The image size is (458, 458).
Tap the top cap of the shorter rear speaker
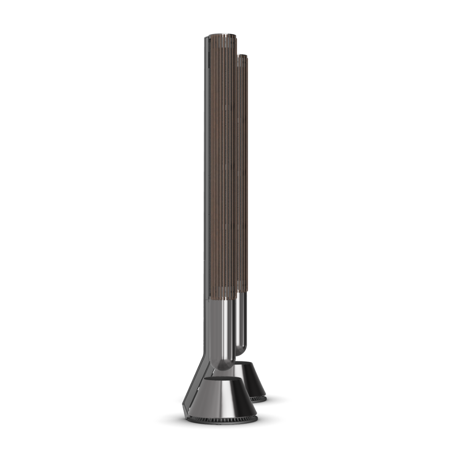pyautogui.click(x=243, y=56)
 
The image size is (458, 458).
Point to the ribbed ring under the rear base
pyautogui.click(x=259, y=399)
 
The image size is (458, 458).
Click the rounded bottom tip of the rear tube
pyautogui.click(x=241, y=351)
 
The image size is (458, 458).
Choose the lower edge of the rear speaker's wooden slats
pyautogui.click(x=242, y=291)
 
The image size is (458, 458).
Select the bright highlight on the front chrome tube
pyautogui.click(x=228, y=331)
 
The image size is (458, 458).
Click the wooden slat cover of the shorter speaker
pyautogui.click(x=243, y=170)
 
